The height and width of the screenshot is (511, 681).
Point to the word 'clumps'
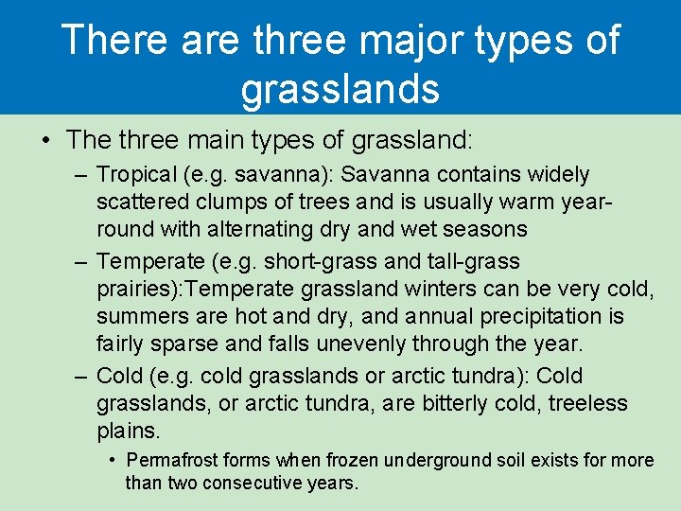[x=221, y=202]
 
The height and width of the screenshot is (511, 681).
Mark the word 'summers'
[x=144, y=315]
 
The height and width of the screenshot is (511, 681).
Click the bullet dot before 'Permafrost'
[x=112, y=461]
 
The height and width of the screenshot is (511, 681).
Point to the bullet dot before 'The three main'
[x=44, y=140]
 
